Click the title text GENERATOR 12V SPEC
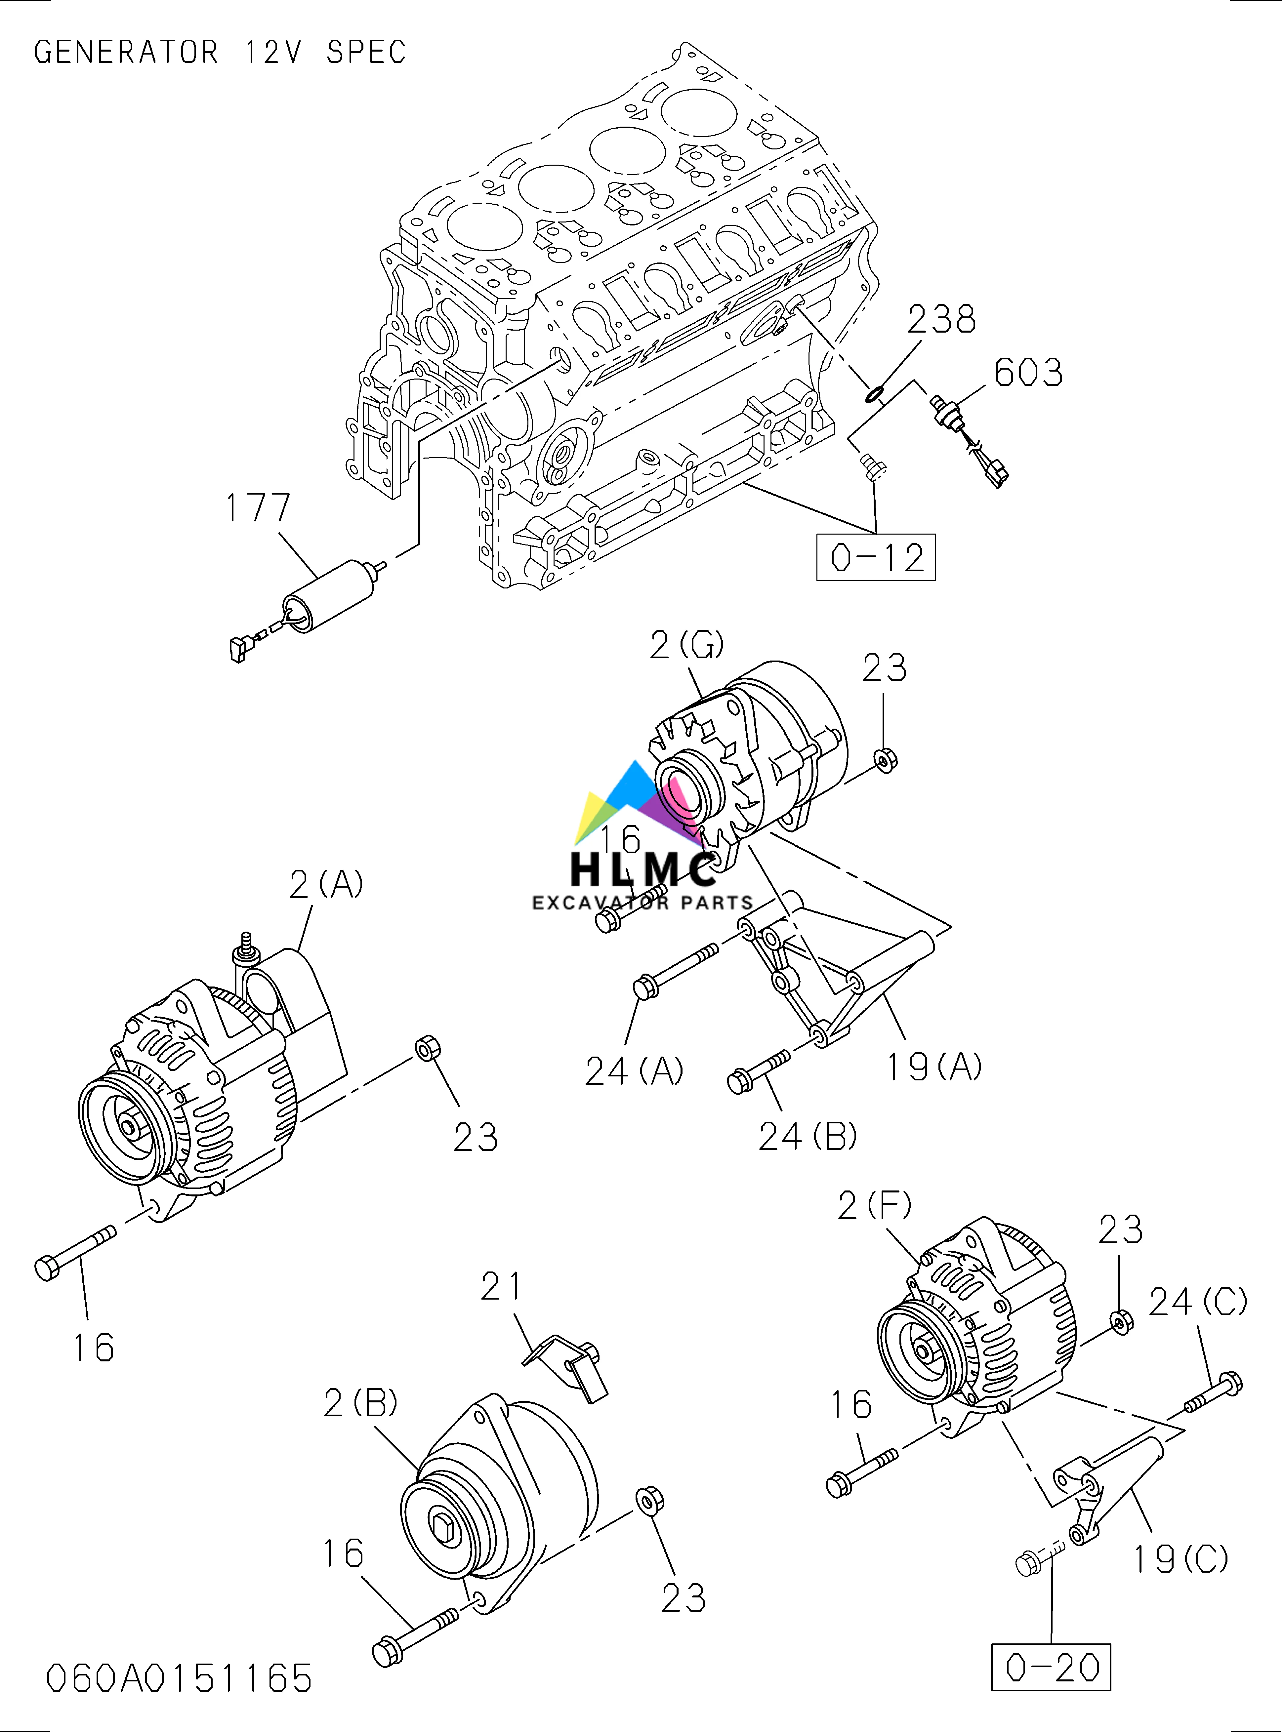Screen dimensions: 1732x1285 [220, 52]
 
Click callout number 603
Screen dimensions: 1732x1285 [1028, 373]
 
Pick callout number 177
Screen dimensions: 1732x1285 [258, 508]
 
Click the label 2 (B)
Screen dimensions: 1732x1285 [360, 1403]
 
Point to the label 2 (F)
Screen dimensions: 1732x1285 [874, 1205]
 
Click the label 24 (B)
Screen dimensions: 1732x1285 [808, 1137]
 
